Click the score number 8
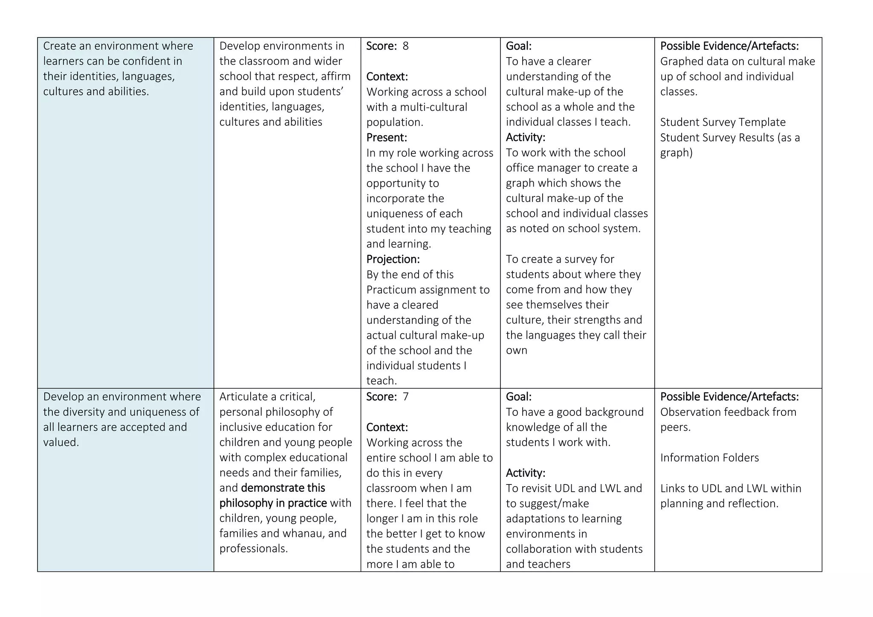(x=405, y=46)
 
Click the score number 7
(x=405, y=397)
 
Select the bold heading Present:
(x=387, y=138)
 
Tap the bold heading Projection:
(x=393, y=259)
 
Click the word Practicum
(x=393, y=290)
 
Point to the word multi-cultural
(x=434, y=107)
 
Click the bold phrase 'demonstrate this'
(x=283, y=488)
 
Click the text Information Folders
(x=709, y=458)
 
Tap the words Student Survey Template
(x=723, y=122)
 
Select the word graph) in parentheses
(x=676, y=153)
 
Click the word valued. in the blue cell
(x=61, y=442)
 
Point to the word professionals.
(x=254, y=549)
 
